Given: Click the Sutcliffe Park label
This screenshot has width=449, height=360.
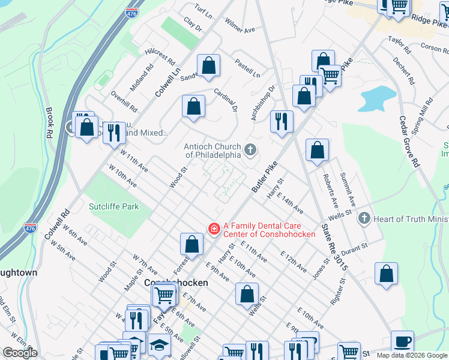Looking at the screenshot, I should click(x=114, y=206).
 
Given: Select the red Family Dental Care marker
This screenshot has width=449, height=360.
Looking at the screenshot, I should click(x=213, y=229).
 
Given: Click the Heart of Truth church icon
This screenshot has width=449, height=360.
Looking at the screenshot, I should click(x=364, y=218).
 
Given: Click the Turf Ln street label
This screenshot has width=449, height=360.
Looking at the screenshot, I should click(x=204, y=10).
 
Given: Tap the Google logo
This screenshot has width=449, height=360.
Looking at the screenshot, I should click(x=20, y=353).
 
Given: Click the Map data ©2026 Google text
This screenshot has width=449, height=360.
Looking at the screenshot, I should click(x=411, y=355).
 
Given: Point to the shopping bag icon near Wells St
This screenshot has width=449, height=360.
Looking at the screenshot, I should click(x=247, y=294).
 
